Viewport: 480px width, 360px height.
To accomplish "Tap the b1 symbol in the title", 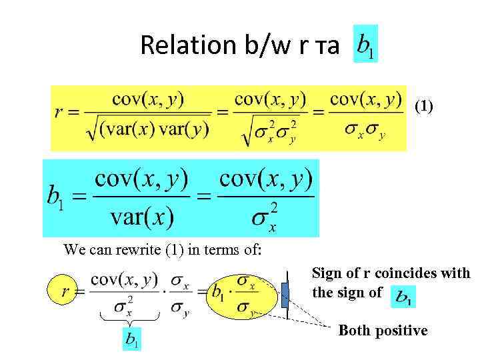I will click(365, 44).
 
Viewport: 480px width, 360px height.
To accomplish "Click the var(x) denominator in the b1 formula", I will click(142, 215).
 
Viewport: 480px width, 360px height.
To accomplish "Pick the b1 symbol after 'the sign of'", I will click(402, 296).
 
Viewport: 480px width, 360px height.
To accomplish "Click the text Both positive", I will click(383, 331).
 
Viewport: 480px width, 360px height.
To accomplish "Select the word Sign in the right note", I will click(327, 273).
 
